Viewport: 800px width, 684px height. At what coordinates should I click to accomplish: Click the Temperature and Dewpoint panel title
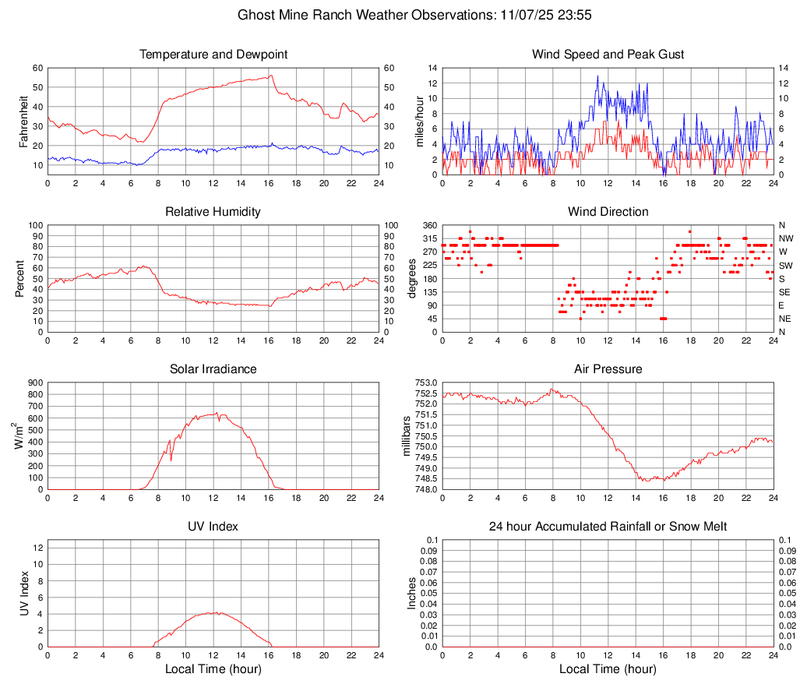tap(213, 55)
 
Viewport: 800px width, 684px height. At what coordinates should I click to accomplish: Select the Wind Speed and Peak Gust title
tap(608, 55)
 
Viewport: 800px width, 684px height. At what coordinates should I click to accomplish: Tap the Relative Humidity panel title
tap(213, 212)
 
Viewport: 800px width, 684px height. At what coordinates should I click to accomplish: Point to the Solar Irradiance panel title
tap(213, 369)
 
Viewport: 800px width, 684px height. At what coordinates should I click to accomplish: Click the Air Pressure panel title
tap(608, 369)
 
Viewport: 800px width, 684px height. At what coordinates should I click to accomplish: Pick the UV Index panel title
tap(213, 527)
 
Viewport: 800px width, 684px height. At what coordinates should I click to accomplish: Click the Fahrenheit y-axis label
tap(24, 121)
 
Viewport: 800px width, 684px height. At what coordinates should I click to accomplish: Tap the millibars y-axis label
tap(405, 436)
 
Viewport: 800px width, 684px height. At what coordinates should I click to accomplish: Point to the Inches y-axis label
tap(413, 593)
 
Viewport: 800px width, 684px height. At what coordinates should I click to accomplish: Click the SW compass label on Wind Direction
tap(785, 266)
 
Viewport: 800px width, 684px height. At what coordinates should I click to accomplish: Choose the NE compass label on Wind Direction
tap(785, 319)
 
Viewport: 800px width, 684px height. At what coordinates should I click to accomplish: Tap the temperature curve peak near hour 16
tap(271, 76)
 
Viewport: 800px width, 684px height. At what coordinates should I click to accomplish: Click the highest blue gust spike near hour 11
tap(597, 76)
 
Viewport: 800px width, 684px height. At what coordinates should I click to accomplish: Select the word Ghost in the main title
tap(255, 15)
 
